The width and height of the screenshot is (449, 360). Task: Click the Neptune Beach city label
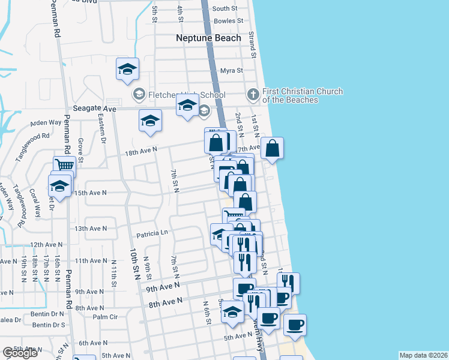[x=208, y=38]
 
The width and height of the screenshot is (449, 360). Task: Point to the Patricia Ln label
[x=152, y=232]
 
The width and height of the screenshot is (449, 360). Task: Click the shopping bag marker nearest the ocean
[x=272, y=149]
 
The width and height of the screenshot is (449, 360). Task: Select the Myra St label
[x=231, y=71]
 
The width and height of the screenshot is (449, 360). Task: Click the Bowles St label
[x=228, y=21]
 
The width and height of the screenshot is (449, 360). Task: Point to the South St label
[x=225, y=9]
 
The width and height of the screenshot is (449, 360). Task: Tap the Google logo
[x=19, y=353]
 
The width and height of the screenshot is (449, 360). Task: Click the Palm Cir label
[x=104, y=316]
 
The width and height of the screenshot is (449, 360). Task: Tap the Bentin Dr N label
[x=49, y=313]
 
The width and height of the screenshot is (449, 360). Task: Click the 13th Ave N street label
[x=90, y=229]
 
